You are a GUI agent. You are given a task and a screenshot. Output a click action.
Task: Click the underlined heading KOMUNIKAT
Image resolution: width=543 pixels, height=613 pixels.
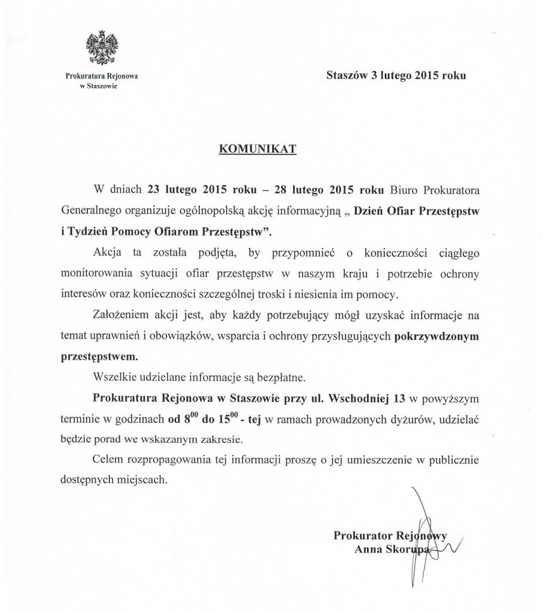[258, 149]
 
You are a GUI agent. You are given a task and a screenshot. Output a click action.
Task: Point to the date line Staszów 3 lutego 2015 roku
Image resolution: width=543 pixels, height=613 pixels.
[396, 75]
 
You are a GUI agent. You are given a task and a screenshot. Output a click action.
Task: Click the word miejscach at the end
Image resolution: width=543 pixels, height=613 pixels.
[147, 480]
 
